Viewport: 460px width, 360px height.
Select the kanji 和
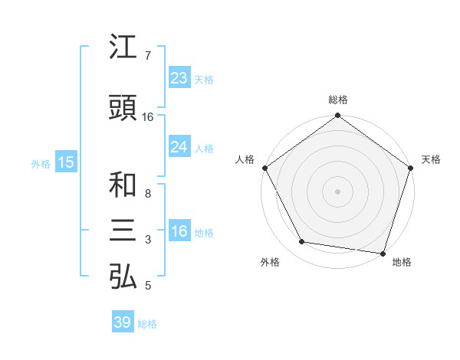point(123,185)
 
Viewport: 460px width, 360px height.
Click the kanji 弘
point(123,277)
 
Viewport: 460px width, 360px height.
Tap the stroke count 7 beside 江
point(147,56)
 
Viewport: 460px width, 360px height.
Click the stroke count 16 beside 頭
point(148,117)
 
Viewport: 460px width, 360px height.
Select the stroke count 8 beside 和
point(147,194)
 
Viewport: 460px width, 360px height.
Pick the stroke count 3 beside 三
point(147,240)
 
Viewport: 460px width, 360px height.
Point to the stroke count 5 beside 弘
point(147,286)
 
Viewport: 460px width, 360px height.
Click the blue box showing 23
point(179,78)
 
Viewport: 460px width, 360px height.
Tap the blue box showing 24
point(179,147)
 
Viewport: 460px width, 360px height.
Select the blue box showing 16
point(179,232)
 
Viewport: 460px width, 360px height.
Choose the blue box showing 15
point(66,162)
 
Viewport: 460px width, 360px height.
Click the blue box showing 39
point(123,322)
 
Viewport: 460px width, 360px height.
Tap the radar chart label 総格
point(337,100)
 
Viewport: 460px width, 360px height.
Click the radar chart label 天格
point(432,159)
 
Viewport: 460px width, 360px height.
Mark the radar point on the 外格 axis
point(302,243)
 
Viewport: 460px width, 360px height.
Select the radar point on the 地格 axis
point(383,253)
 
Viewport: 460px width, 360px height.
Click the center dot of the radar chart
point(337,191)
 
